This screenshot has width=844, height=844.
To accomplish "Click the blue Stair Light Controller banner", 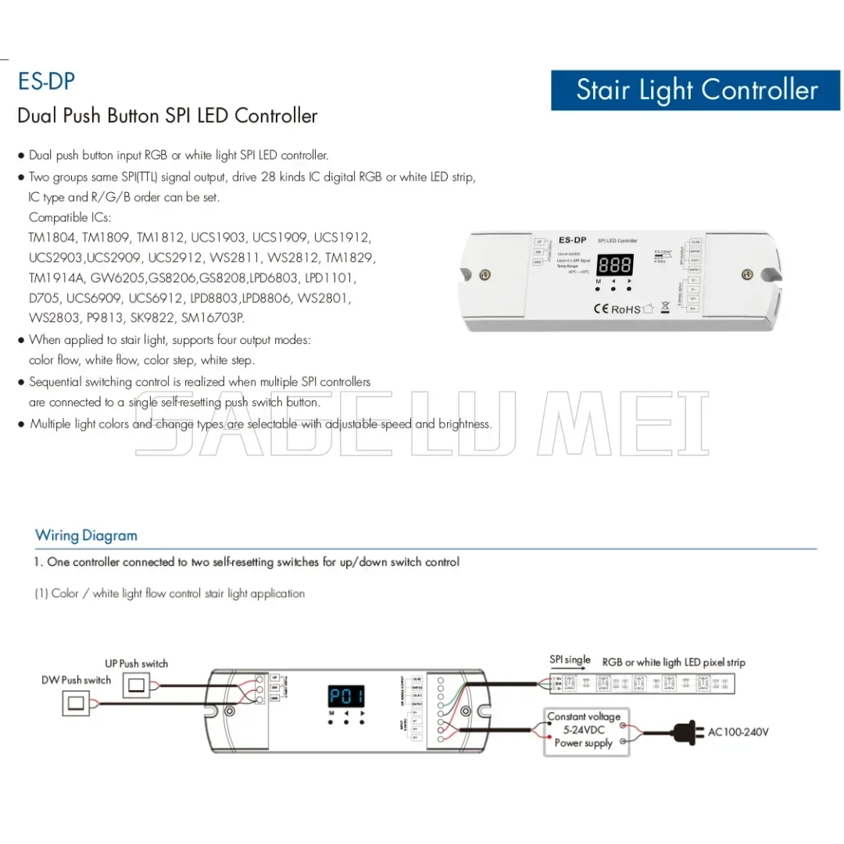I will [696, 90].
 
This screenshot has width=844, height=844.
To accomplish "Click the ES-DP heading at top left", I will [46, 82].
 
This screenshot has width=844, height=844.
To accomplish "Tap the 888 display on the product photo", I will [614, 263].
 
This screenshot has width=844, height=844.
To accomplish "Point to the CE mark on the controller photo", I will [600, 309].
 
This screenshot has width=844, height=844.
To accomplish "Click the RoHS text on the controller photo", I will [625, 309].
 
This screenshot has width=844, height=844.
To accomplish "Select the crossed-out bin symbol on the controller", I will [665, 306].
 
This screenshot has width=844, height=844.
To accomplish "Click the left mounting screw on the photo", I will [485, 275].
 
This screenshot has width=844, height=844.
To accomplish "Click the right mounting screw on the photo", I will [747, 274].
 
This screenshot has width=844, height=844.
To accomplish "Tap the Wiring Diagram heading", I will [86, 535].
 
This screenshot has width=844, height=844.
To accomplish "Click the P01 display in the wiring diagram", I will [345, 696].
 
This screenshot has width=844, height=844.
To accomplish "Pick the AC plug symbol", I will [688, 732].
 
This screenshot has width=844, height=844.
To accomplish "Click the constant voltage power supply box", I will [584, 730].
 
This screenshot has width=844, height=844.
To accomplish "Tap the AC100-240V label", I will [738, 732].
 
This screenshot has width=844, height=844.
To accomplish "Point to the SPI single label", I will [570, 660].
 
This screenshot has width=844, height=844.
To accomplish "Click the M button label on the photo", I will [599, 281].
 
